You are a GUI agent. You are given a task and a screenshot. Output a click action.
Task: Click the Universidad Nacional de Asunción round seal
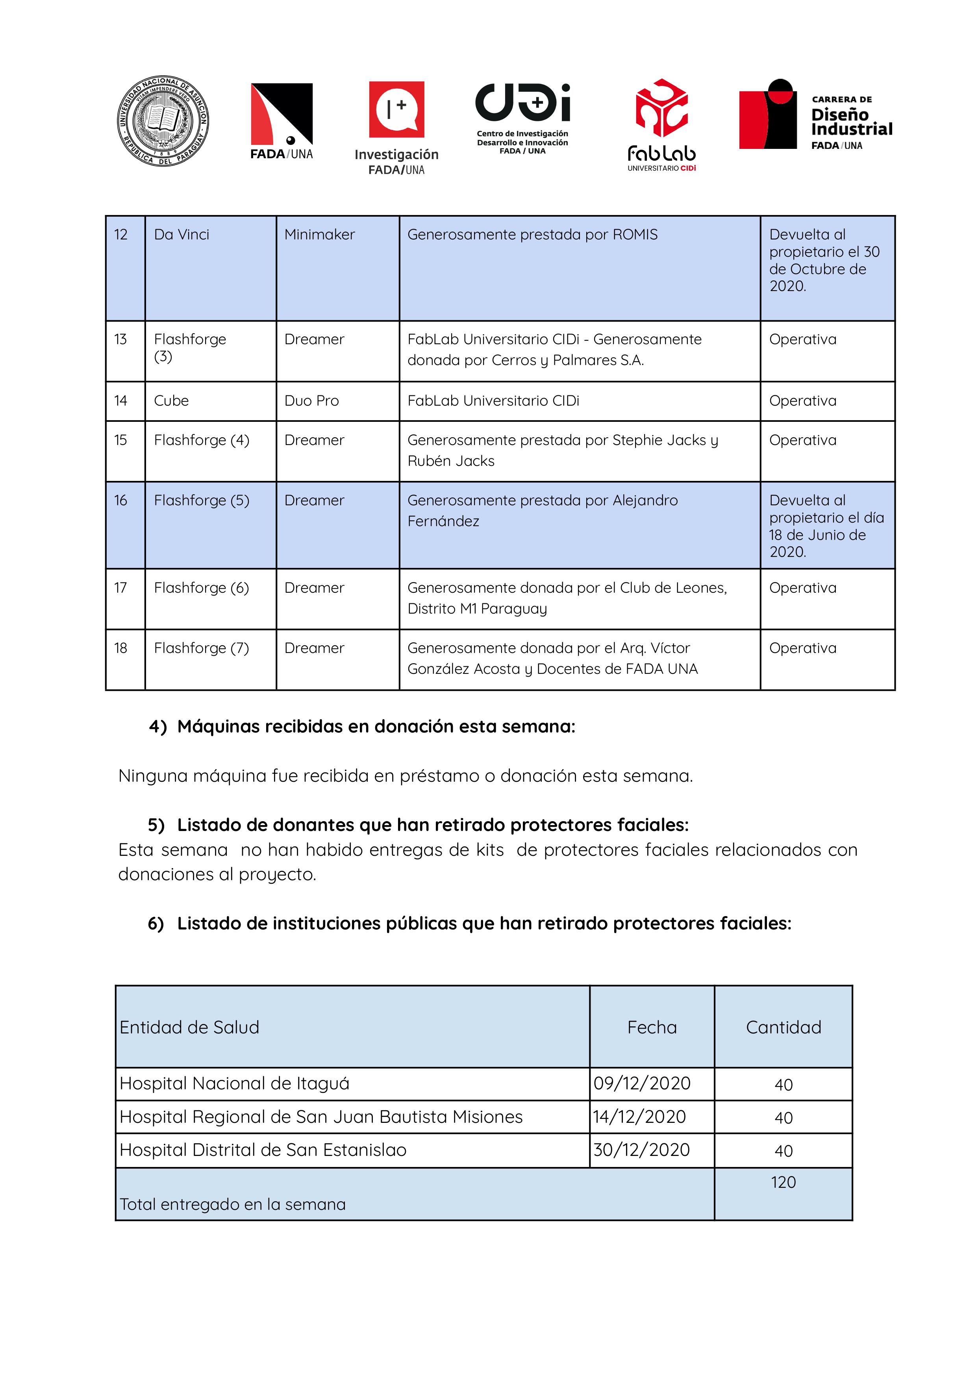pyautogui.click(x=163, y=121)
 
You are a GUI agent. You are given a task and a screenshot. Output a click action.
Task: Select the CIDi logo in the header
pyautogui.click(x=522, y=117)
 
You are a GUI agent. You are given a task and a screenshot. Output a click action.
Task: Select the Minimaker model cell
pyautogui.click(x=319, y=234)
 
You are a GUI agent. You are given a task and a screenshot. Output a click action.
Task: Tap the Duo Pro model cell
pyautogui.click(x=311, y=401)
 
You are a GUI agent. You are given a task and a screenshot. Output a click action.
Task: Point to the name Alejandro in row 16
pyautogui.click(x=645, y=500)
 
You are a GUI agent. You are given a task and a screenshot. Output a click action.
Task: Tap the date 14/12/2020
pyautogui.click(x=639, y=1116)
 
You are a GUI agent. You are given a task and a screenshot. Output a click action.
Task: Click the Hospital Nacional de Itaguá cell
pyautogui.click(x=234, y=1083)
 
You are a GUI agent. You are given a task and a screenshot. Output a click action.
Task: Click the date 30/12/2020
pyautogui.click(x=641, y=1150)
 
